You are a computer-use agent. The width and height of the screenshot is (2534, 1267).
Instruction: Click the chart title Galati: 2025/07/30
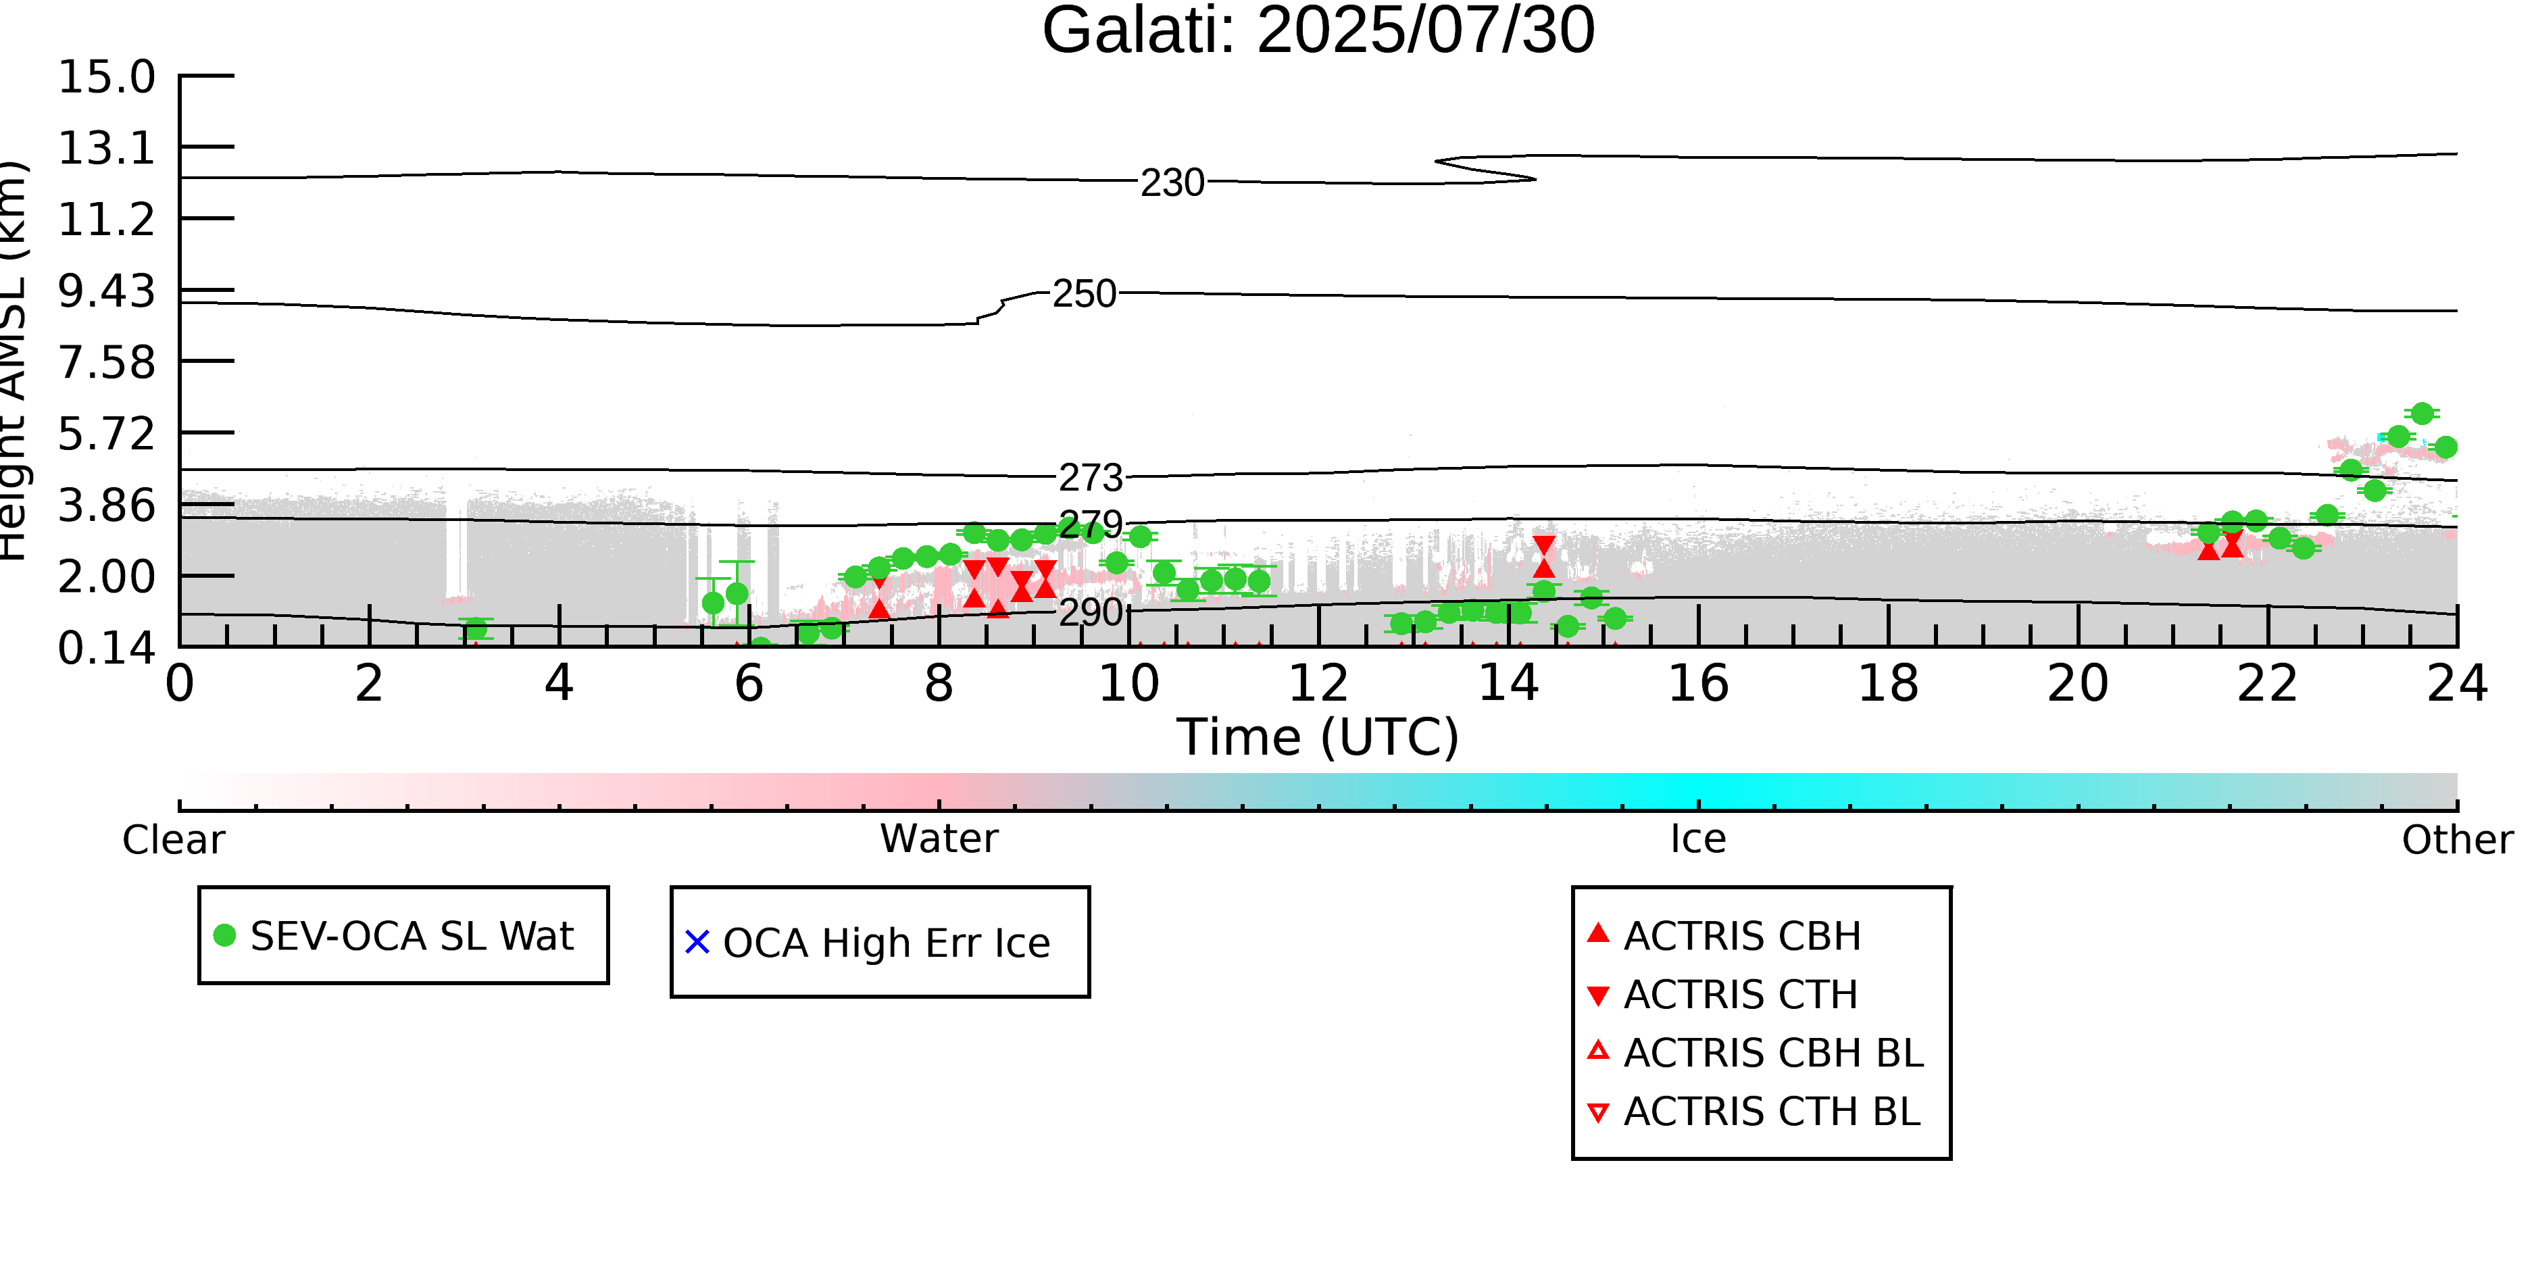coord(1318,32)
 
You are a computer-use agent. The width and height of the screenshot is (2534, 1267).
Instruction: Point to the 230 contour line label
coord(1172,183)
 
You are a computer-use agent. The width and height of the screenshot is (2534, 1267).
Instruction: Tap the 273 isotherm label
coord(1090,478)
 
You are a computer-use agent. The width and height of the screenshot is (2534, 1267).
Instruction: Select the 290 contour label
coord(1090,613)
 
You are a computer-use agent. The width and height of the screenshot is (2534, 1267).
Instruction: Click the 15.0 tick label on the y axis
coord(106,77)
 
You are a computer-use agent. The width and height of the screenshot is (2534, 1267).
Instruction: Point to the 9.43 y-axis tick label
coord(106,291)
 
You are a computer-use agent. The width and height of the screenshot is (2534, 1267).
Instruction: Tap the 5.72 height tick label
coord(106,434)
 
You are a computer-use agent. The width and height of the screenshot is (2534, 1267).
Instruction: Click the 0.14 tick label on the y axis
coord(106,648)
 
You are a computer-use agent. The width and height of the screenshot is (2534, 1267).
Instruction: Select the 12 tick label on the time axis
coord(1318,684)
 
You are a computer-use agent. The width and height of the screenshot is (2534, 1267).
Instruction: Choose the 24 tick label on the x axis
coord(2457,684)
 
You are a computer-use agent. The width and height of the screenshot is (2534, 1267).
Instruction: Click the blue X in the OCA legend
coord(697,943)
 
